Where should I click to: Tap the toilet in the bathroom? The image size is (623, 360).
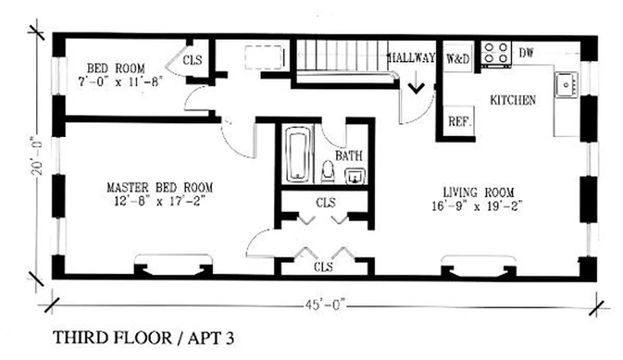pyautogui.click(x=328, y=173)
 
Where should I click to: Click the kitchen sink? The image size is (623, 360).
pyautogui.click(x=565, y=85)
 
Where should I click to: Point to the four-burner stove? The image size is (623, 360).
pyautogui.click(x=495, y=53)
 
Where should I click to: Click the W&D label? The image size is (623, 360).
pyautogui.click(x=458, y=59)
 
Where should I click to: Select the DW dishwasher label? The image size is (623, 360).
pyautogui.click(x=526, y=53)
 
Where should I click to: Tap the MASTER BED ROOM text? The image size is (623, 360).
pyautogui.click(x=159, y=187)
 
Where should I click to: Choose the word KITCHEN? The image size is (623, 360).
pyautogui.click(x=513, y=100)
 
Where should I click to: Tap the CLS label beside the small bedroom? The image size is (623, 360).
pyautogui.click(x=192, y=59)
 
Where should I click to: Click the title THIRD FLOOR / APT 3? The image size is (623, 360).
pyautogui.click(x=144, y=337)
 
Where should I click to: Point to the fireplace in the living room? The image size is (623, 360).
pyautogui.click(x=478, y=268)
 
